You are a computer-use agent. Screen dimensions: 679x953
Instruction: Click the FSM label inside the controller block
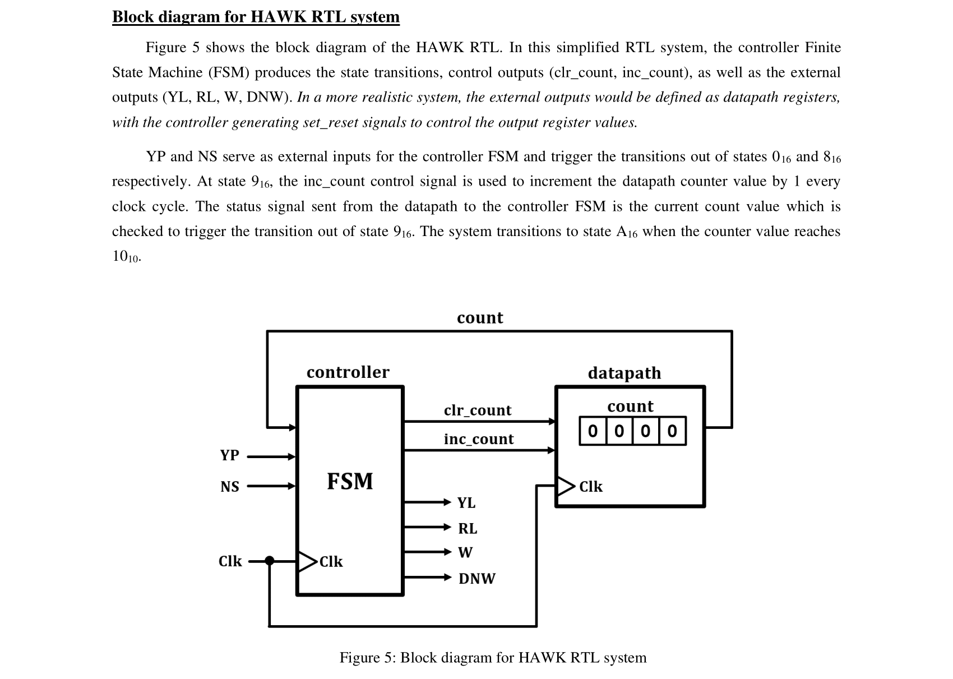coord(350,482)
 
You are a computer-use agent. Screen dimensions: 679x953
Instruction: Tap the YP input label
coord(229,455)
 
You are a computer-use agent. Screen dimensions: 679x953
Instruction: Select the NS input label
coord(229,487)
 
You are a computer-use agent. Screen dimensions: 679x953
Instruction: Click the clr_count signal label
coord(478,410)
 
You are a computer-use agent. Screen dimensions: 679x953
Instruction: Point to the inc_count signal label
coord(478,439)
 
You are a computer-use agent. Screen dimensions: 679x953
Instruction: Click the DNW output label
coord(476,579)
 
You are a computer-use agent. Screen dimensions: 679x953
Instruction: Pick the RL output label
coord(468,528)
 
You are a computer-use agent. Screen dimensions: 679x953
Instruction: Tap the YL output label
coord(466,502)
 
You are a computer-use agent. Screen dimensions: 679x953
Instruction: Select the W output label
coord(465,553)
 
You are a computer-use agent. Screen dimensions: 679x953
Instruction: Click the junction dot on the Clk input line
coord(270,560)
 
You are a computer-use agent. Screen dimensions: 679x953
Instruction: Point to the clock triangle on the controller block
coord(307,561)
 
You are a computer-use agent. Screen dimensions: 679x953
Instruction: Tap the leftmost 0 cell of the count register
coord(593,431)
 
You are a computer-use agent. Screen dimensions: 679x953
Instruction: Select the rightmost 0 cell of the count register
coord(672,431)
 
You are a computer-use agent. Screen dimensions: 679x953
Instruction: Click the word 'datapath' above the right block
coord(624,373)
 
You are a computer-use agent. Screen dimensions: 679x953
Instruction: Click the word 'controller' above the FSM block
coord(348,372)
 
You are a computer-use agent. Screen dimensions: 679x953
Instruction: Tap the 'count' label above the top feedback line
coord(480,318)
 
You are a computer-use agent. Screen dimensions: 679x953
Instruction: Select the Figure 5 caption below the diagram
coord(493,657)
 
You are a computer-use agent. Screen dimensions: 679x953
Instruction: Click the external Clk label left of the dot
coord(230,561)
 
